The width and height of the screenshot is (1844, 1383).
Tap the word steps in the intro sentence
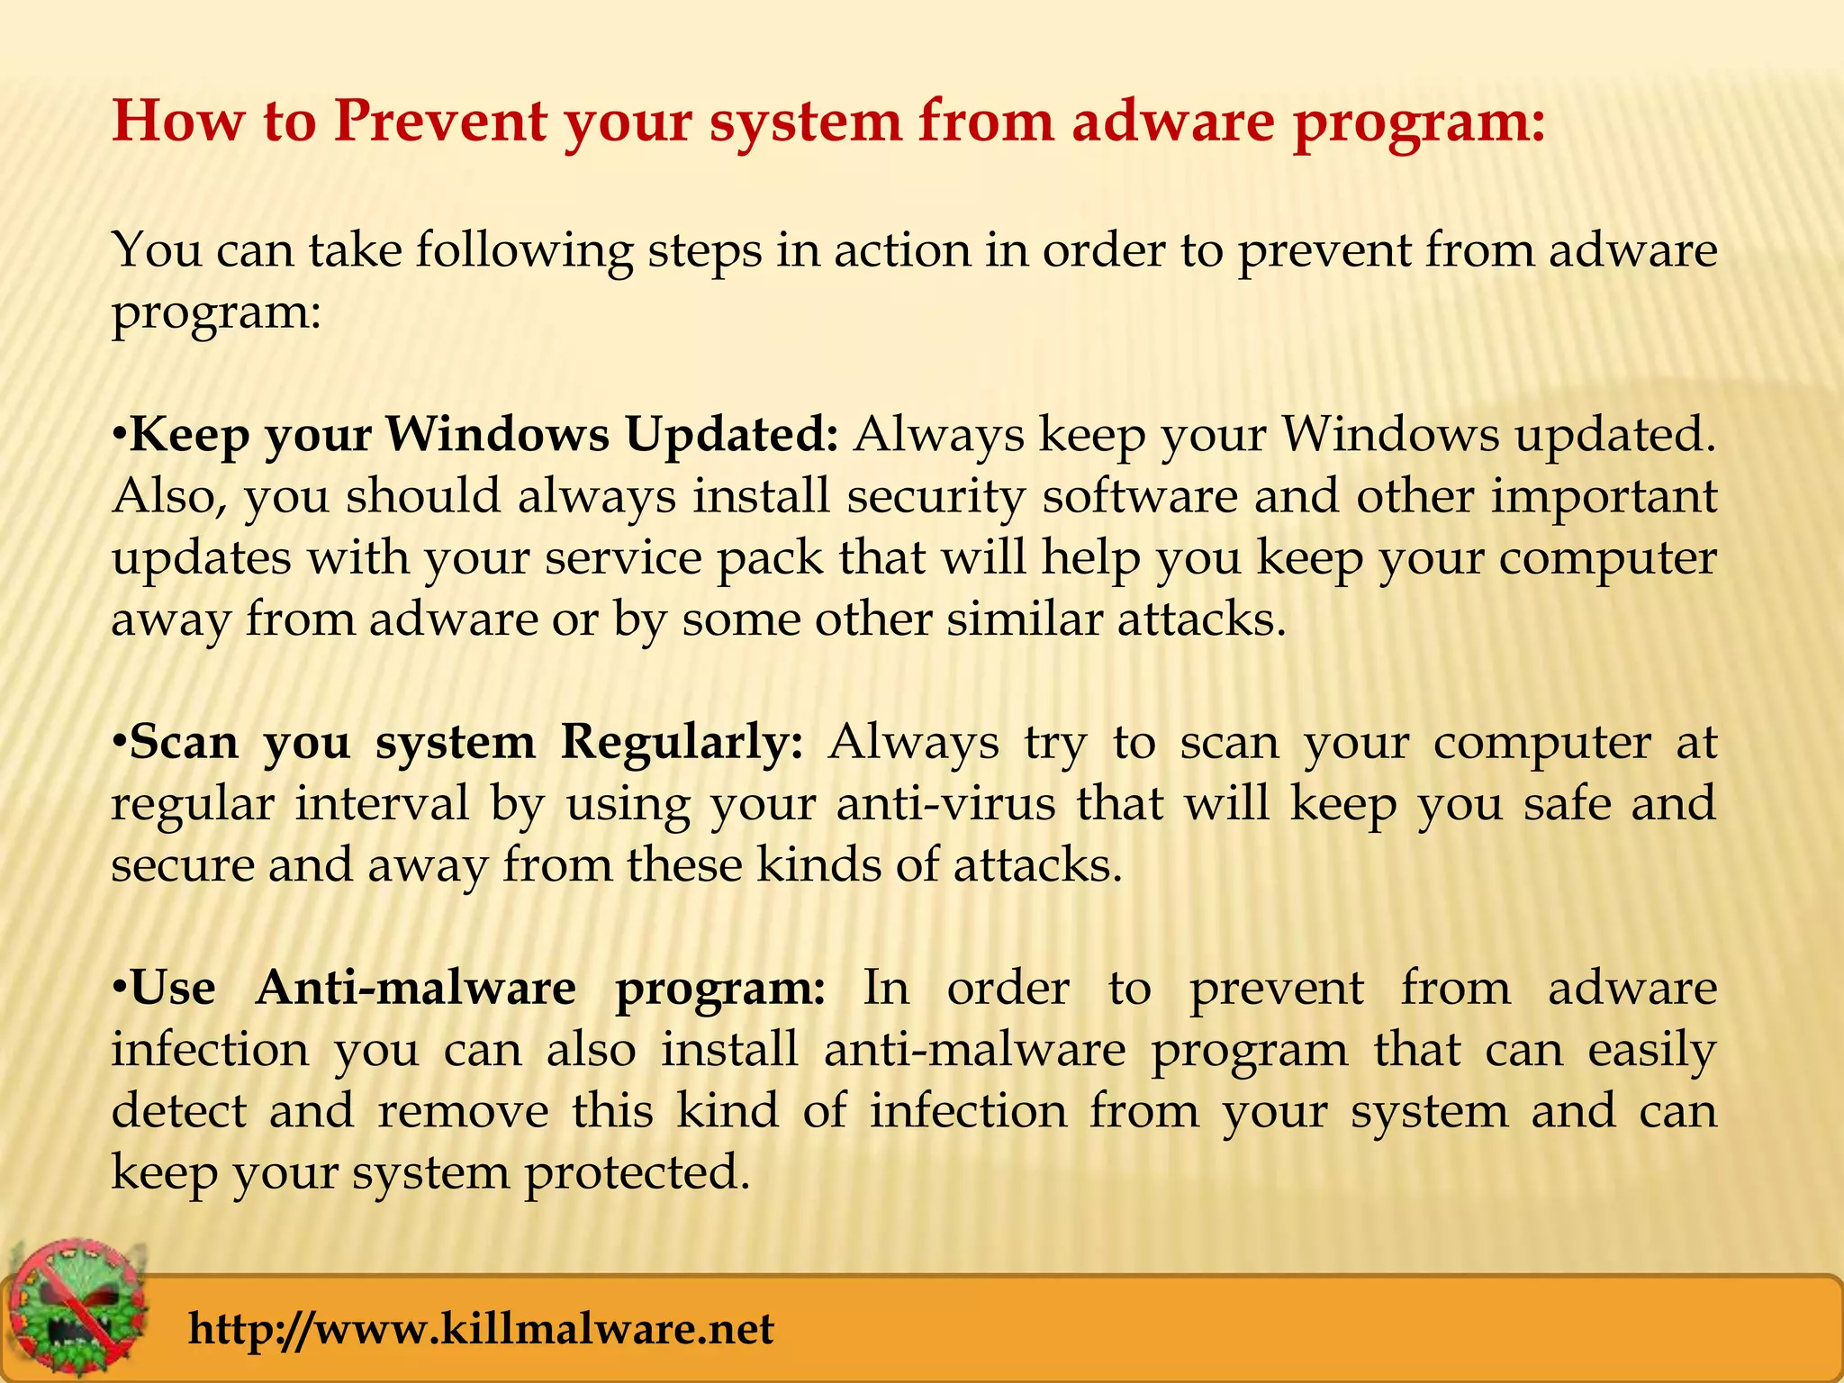click(x=703, y=250)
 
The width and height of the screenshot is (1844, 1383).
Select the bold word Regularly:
click(x=682, y=743)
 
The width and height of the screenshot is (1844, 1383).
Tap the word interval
click(x=383, y=803)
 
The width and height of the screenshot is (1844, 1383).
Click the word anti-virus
click(x=945, y=803)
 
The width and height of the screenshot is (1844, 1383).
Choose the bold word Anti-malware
click(x=416, y=989)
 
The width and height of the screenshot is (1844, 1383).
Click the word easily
click(x=1651, y=1051)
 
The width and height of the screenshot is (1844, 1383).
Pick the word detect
click(x=179, y=1111)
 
